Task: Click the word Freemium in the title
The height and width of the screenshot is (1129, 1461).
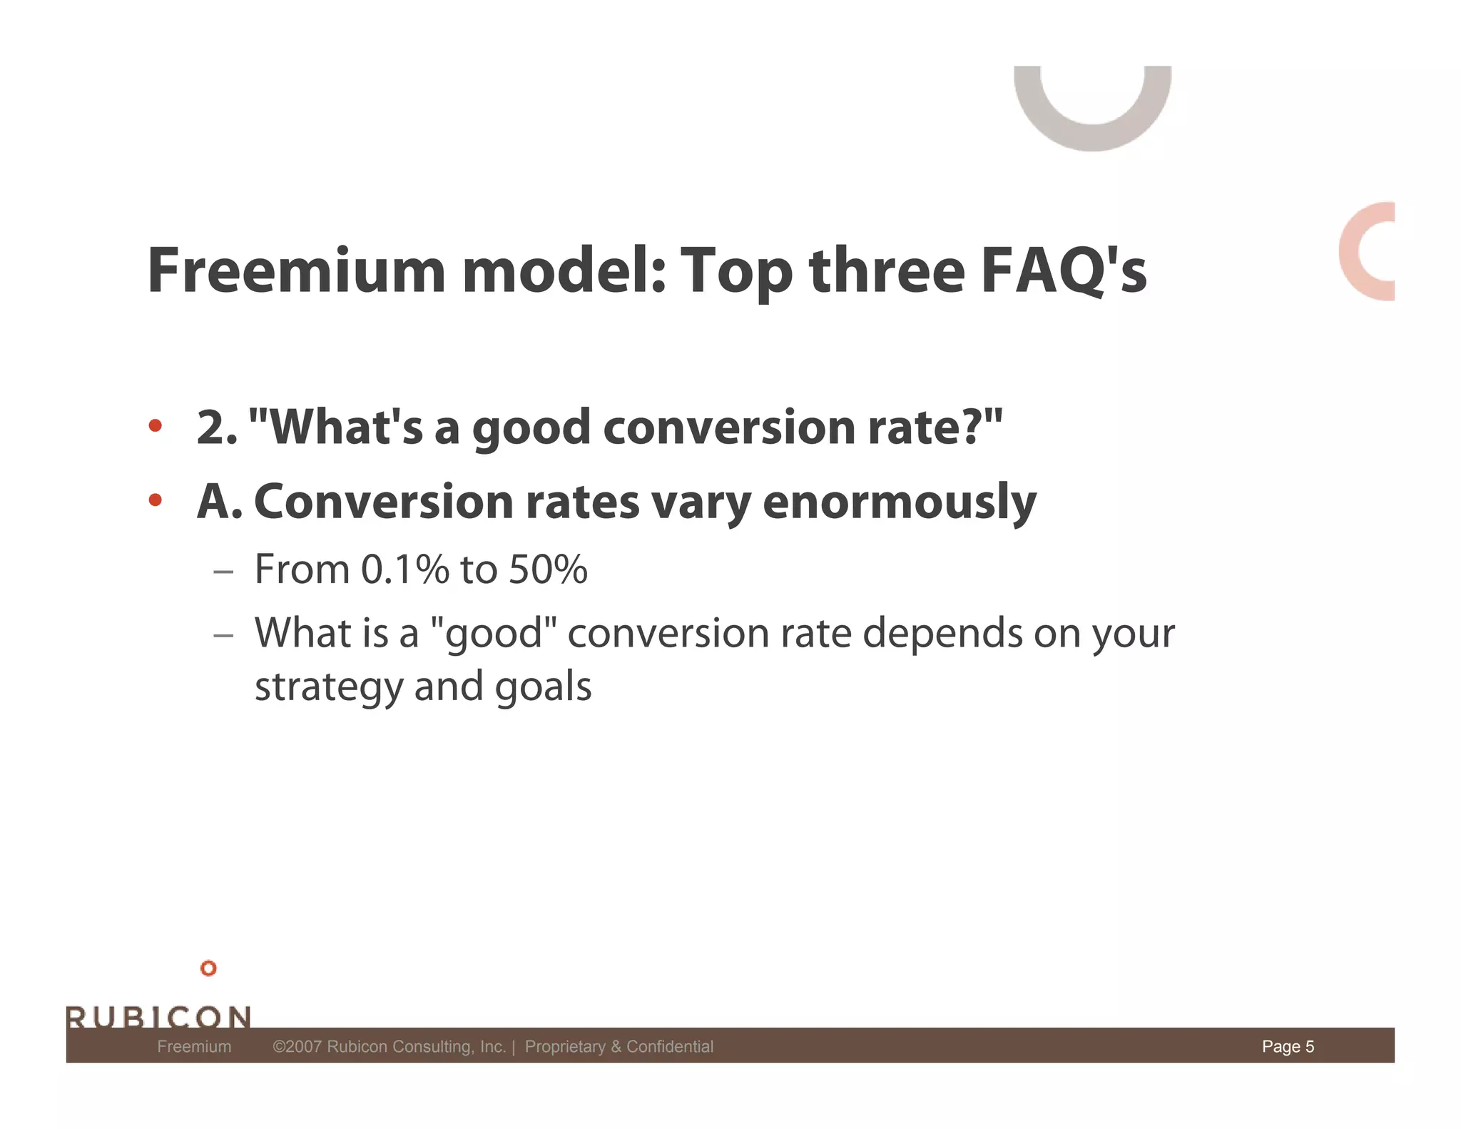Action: (296, 271)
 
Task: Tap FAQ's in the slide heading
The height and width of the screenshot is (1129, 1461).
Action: (1063, 271)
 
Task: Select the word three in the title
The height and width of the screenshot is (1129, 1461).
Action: (887, 271)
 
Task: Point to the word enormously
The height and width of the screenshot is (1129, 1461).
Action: (899, 502)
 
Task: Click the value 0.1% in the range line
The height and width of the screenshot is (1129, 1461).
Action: (404, 569)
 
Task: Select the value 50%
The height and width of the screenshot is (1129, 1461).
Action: (548, 569)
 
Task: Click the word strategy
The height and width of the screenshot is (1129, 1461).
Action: (328, 687)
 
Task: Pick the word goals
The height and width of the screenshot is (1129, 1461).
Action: (543, 687)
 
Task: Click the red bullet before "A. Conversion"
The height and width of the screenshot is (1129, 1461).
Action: (156, 500)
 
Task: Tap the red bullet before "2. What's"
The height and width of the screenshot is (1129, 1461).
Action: (156, 426)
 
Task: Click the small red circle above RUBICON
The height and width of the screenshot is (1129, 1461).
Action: (208, 968)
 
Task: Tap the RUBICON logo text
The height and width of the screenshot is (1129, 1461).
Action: (158, 1016)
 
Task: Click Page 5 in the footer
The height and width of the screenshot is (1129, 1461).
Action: (1288, 1046)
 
